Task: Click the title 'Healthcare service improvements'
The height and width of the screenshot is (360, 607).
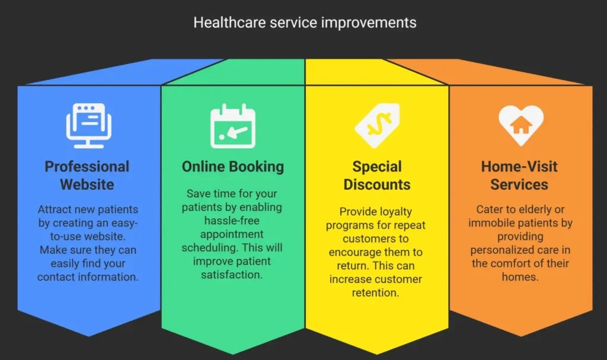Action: pos(305,23)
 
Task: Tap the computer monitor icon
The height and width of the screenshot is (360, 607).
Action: pos(89,126)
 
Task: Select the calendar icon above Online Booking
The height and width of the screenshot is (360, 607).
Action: pos(233,126)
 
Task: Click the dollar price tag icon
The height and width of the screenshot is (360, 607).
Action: pos(377,125)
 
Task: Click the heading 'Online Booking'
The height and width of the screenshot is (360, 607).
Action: pos(233,167)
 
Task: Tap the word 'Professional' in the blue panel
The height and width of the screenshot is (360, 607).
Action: pos(87,167)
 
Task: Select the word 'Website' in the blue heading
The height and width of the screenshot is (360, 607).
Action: pos(87,184)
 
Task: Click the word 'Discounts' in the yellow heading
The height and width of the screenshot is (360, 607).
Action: pos(377,184)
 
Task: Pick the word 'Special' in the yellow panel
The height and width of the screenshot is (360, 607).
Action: pos(377,167)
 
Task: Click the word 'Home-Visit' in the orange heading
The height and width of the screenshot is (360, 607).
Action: pos(519,167)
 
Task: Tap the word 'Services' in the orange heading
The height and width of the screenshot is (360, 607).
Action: pos(519,184)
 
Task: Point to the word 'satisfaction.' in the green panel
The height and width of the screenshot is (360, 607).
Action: pos(232,275)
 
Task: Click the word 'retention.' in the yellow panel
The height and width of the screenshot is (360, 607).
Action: pos(375,292)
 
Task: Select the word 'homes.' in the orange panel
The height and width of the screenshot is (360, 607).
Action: pos(520,277)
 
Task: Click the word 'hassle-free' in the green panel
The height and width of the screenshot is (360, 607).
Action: pos(232,221)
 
